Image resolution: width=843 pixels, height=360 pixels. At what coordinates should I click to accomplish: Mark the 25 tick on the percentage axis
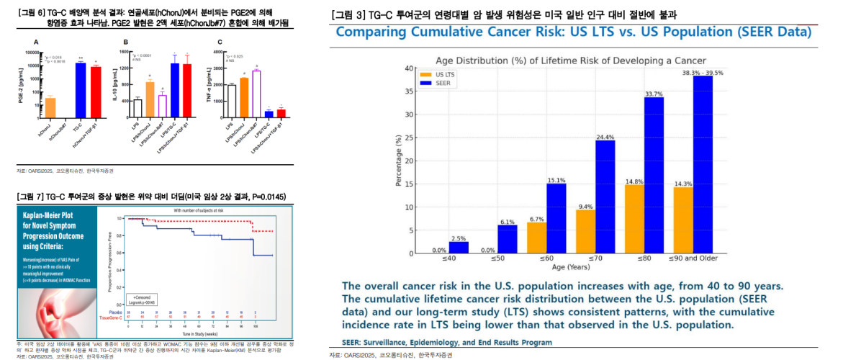pyautogui.click(x=409, y=138)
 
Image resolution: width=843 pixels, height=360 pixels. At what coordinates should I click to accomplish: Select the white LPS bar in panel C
pyautogui.click(x=232, y=100)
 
